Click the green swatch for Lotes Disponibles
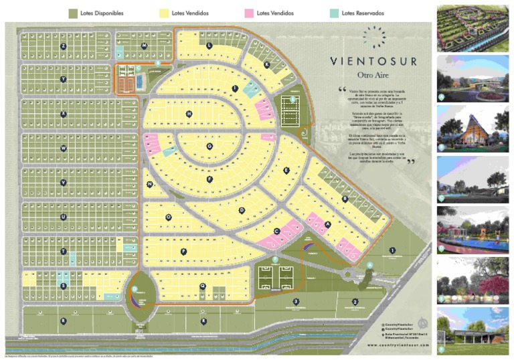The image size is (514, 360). pyautogui.click(x=73, y=13)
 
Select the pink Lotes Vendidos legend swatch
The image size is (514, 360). pyautogui.click(x=248, y=13)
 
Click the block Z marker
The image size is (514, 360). pyautogui.click(x=63, y=46)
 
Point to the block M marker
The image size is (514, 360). pyautogui.click(x=144, y=46)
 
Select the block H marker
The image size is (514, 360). pyautogui.click(x=189, y=114)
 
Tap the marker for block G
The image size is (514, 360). pyautogui.click(x=209, y=145)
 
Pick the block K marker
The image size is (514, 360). pyautogui.click(x=266, y=65)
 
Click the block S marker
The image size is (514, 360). pyautogui.click(x=63, y=286)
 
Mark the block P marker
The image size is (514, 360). pyautogui.click(x=183, y=251)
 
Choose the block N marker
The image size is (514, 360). pyautogui.click(x=149, y=184)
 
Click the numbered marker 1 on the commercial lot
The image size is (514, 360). pyautogui.click(x=392, y=251)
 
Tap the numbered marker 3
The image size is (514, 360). pyautogui.click(x=295, y=302)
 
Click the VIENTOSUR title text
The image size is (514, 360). pyautogui.click(x=374, y=62)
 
